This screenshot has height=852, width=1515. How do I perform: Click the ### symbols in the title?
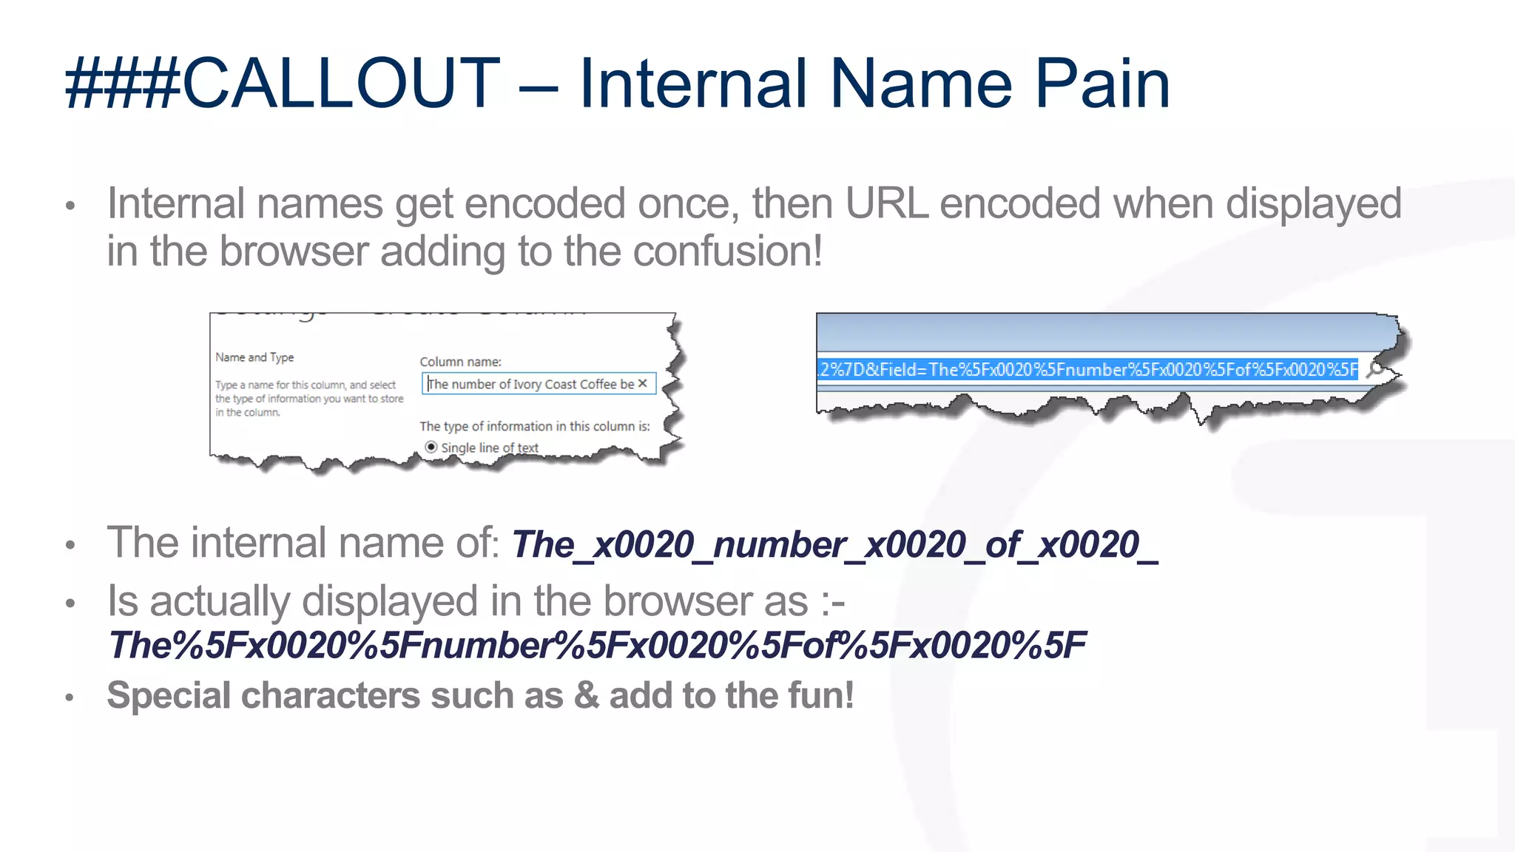tap(122, 84)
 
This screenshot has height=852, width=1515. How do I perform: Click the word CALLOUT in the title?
tap(340, 84)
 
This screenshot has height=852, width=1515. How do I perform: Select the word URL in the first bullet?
tap(886, 204)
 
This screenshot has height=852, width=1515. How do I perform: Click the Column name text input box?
tap(529, 384)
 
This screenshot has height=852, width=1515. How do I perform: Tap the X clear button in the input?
tap(643, 383)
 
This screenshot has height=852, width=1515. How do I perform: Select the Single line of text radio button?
tap(431, 447)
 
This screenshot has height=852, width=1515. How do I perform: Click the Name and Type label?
tap(254, 357)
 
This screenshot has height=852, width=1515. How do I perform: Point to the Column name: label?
tap(460, 362)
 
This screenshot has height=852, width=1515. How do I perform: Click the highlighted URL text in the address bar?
tap(1087, 369)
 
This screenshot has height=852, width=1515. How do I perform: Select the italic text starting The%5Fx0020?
tap(596, 646)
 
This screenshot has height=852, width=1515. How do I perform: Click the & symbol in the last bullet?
tap(586, 696)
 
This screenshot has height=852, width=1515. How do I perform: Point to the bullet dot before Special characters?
tap(70, 697)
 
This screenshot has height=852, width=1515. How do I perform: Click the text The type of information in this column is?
tap(534, 426)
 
